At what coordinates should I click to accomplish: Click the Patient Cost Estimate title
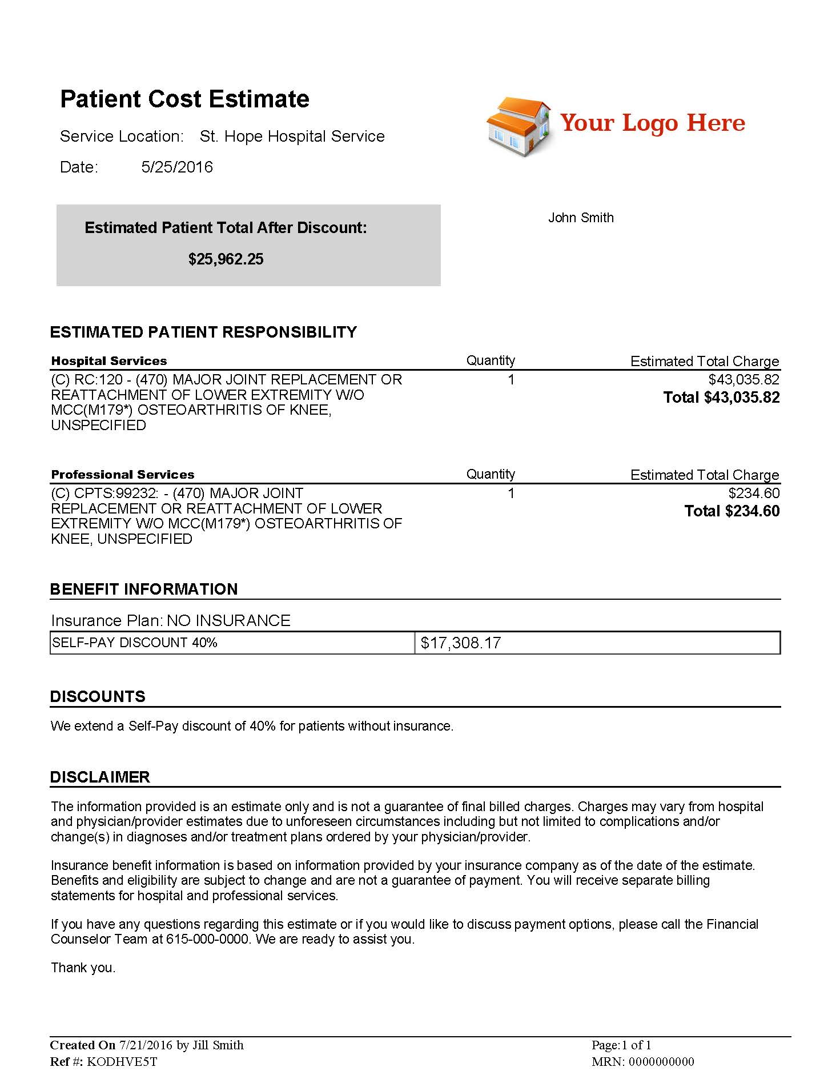[184, 99]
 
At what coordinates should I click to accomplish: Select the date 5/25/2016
[177, 167]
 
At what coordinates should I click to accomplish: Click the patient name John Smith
[581, 218]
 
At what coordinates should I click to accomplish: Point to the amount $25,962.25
[226, 259]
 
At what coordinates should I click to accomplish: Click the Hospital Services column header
[109, 361]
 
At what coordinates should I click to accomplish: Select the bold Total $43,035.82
[721, 398]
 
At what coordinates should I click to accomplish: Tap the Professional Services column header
[123, 475]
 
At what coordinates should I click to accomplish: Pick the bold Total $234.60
[732, 511]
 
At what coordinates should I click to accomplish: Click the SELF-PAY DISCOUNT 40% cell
[135, 643]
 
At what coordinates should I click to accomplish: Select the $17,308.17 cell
[461, 643]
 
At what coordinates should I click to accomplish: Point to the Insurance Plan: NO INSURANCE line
[171, 621]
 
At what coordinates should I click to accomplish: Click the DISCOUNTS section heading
[98, 696]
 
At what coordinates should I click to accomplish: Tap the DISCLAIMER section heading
[100, 777]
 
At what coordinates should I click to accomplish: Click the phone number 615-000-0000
[208, 939]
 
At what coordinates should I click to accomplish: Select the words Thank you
[83, 968]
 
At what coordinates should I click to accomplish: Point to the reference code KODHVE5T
[122, 1062]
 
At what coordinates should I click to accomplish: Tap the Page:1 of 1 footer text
[621, 1045]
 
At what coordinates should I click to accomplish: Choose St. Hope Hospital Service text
[292, 137]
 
